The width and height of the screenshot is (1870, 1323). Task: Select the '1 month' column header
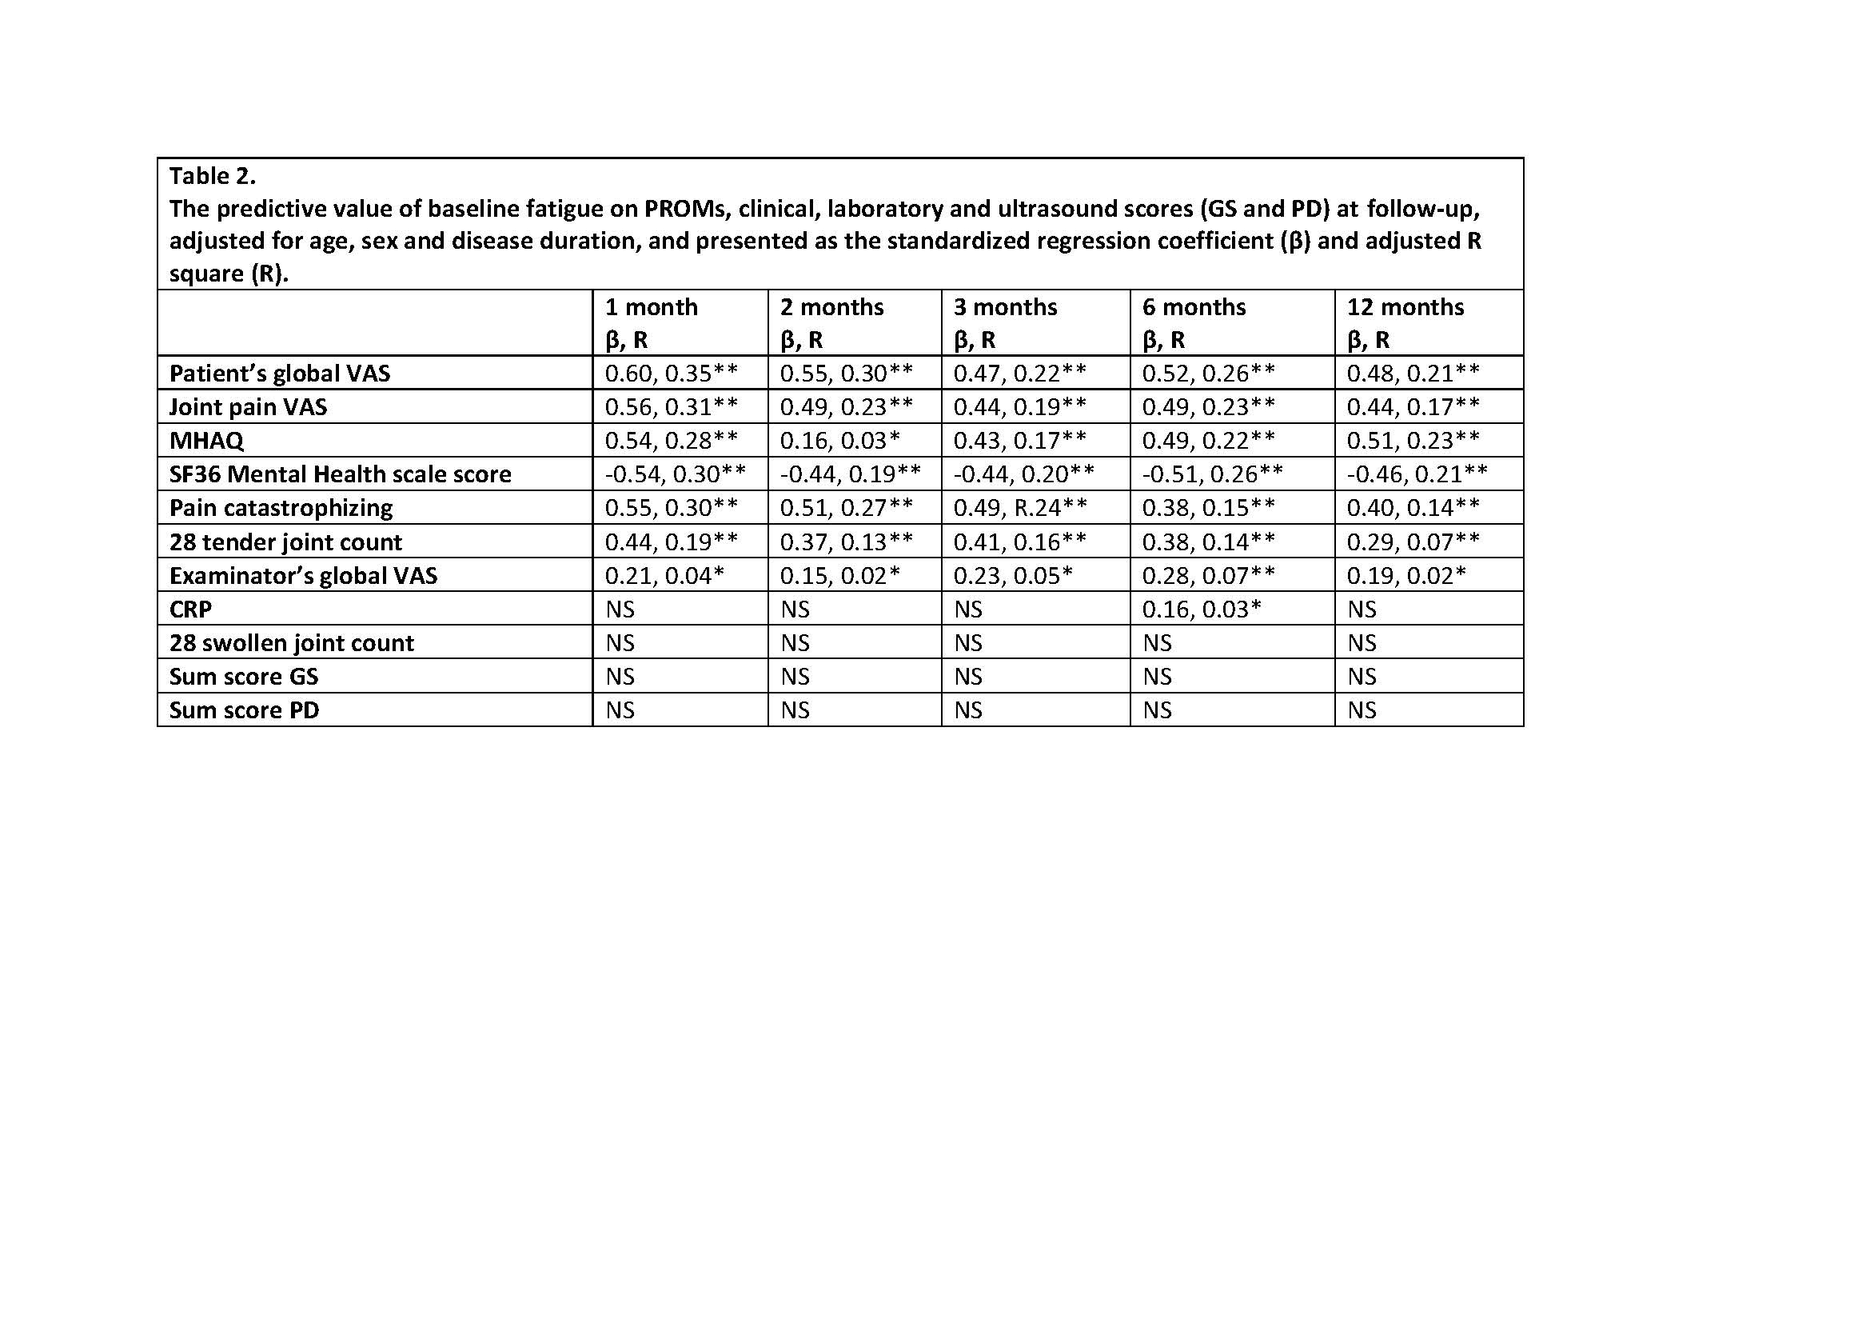[x=651, y=307]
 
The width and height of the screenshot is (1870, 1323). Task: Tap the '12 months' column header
[x=1405, y=307]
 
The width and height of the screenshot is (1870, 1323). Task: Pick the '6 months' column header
[x=1193, y=307]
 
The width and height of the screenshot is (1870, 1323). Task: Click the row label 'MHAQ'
[x=206, y=441]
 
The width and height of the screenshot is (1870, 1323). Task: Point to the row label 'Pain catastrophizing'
[x=281, y=509]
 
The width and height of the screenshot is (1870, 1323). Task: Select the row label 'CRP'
[x=190, y=610]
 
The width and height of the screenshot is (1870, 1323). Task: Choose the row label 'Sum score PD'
[x=245, y=710]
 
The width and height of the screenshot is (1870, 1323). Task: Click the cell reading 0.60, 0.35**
[x=671, y=374]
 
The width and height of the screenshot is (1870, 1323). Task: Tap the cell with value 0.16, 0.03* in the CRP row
[x=1202, y=610]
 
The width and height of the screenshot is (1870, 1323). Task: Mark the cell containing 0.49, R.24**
[x=1019, y=509]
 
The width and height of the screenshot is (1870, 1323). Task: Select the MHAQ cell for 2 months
[x=839, y=441]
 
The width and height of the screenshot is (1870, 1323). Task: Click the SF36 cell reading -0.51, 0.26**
[x=1213, y=474]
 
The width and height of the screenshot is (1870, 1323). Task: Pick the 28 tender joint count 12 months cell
[x=1413, y=542]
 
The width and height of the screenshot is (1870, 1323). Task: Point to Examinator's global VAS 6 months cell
[x=1209, y=576]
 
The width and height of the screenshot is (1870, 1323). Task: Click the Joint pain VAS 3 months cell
[x=1019, y=406]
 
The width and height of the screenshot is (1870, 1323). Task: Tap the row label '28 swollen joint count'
[x=292, y=644]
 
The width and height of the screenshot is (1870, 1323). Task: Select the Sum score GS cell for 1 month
[x=620, y=677]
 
